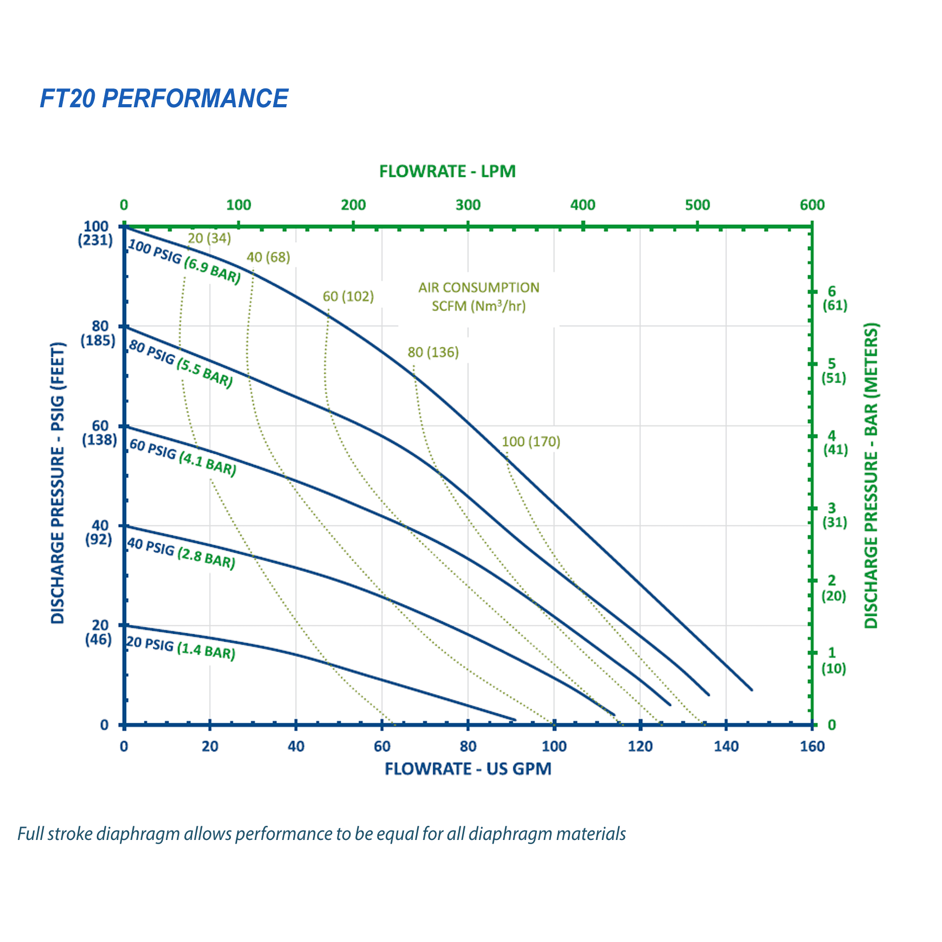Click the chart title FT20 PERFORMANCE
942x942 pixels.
coord(164,98)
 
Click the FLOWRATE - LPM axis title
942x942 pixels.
coord(447,172)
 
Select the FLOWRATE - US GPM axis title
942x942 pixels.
coord(468,769)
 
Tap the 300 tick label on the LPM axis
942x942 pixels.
coord(468,205)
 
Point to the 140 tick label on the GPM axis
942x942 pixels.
coord(726,746)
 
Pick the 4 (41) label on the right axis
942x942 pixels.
coord(834,443)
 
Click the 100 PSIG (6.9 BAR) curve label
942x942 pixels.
coord(185,262)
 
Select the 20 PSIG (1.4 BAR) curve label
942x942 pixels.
coord(181,648)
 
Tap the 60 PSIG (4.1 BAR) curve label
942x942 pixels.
coord(183,458)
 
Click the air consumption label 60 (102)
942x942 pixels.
coord(348,297)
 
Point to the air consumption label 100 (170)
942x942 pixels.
coord(531,442)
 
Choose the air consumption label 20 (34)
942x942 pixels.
coord(209,239)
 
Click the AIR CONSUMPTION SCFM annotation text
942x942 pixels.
coord(478,297)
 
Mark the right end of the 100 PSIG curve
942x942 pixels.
coord(752,690)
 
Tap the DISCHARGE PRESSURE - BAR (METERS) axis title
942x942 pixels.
coord(871,475)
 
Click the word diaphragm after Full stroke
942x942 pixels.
coord(138,834)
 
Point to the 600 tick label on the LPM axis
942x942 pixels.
coord(812,205)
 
